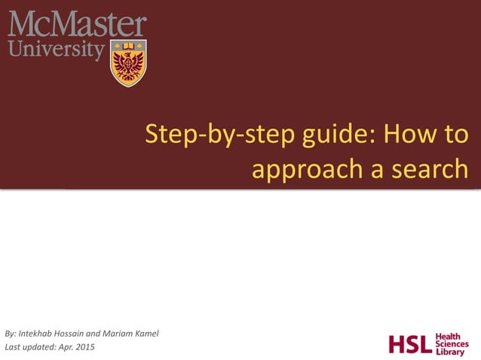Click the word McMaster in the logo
pos(77,25)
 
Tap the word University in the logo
pos(56,51)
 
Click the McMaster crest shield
pos(128,63)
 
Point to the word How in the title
pos(411,135)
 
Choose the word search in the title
pos(428,169)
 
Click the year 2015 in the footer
pos(84,347)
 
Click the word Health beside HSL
pos(451,336)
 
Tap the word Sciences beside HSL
pos(453,344)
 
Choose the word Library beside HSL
pos(451,352)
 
